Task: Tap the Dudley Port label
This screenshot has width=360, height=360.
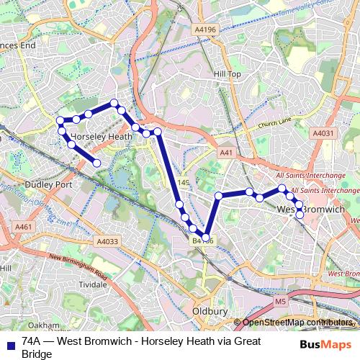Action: pyautogui.click(x=48, y=184)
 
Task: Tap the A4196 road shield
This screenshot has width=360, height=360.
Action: pyautogui.click(x=204, y=30)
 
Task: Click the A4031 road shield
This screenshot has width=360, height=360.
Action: pyautogui.click(x=323, y=133)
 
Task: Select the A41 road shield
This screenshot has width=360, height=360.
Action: pyautogui.click(x=226, y=153)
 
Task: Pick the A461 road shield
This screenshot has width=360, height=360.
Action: pyautogui.click(x=24, y=228)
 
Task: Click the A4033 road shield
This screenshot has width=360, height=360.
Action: pyautogui.click(x=107, y=241)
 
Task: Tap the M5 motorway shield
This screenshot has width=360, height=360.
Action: pyautogui.click(x=281, y=302)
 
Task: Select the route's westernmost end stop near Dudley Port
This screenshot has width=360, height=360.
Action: pyautogui.click(x=97, y=163)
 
